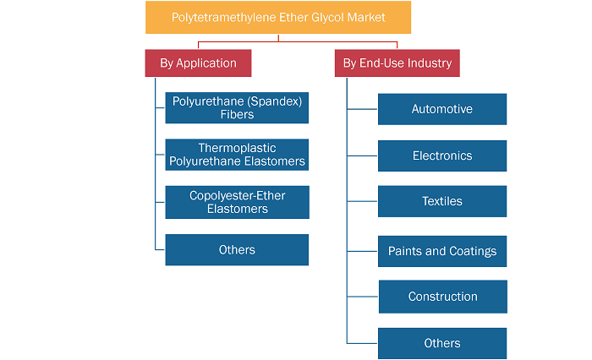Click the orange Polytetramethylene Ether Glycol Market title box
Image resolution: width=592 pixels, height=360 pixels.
click(x=278, y=18)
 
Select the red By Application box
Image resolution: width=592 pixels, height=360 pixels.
click(x=198, y=63)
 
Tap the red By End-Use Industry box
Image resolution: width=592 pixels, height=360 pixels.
click(x=397, y=63)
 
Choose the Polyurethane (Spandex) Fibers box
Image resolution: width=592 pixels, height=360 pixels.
click(x=237, y=108)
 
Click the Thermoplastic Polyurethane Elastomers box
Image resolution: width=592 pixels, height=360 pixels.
click(x=237, y=155)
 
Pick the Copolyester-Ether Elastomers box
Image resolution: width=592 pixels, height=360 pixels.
click(x=237, y=202)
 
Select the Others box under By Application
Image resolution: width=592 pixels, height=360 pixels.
click(x=237, y=250)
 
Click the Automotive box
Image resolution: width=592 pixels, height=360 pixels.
click(x=442, y=109)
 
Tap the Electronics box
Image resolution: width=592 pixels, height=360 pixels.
click(x=442, y=155)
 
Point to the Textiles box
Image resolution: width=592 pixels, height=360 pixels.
click(x=442, y=201)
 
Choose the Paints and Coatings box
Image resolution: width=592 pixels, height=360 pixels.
click(x=442, y=251)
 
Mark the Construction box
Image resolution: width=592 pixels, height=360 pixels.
click(x=443, y=297)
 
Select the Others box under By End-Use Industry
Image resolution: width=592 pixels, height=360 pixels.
click(x=442, y=343)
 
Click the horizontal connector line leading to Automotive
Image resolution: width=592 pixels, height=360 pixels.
click(x=363, y=109)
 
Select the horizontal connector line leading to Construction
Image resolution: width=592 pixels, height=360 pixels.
click(x=363, y=297)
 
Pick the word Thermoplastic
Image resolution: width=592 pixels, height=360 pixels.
click(x=237, y=148)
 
